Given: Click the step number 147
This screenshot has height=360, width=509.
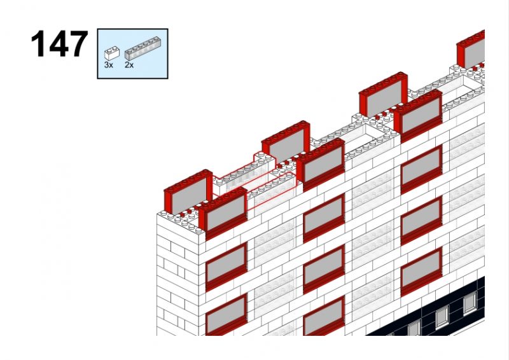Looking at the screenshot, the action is click(x=59, y=43).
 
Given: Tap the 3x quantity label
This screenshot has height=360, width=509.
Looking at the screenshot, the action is click(x=108, y=65).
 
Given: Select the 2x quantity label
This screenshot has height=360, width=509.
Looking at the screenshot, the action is click(x=129, y=65).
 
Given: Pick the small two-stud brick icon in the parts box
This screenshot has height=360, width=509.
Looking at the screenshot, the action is click(x=112, y=53).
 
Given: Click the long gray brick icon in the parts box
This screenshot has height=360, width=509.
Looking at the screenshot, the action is click(x=143, y=48).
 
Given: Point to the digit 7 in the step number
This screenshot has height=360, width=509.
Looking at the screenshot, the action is click(x=78, y=43).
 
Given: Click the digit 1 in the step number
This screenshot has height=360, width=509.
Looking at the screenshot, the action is click(x=38, y=43).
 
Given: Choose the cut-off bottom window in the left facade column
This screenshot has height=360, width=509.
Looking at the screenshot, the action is click(x=227, y=316).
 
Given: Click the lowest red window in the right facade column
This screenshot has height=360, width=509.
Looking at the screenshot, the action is click(x=421, y=272).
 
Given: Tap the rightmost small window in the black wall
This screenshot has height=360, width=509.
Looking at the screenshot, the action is click(x=470, y=303).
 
